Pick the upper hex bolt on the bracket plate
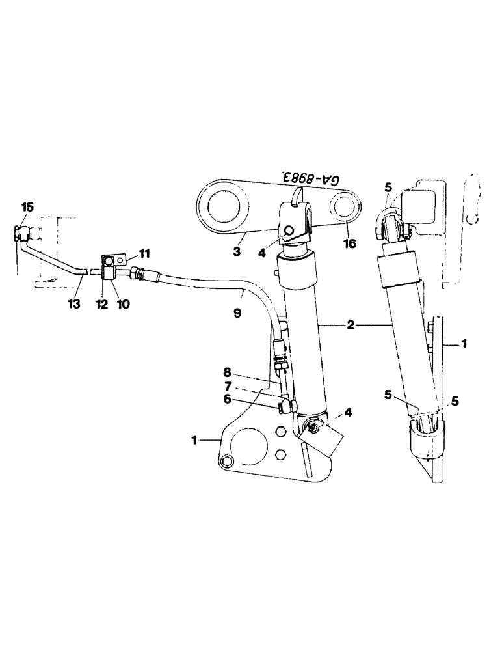(x=280, y=432)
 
